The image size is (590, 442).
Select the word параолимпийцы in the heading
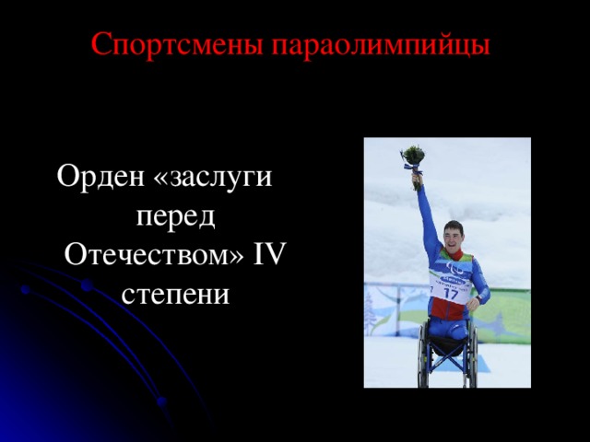click(381, 44)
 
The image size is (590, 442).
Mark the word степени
click(176, 296)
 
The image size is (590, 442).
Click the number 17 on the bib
click(452, 294)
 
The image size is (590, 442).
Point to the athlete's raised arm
click(427, 216)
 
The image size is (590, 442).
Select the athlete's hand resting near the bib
click(473, 305)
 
